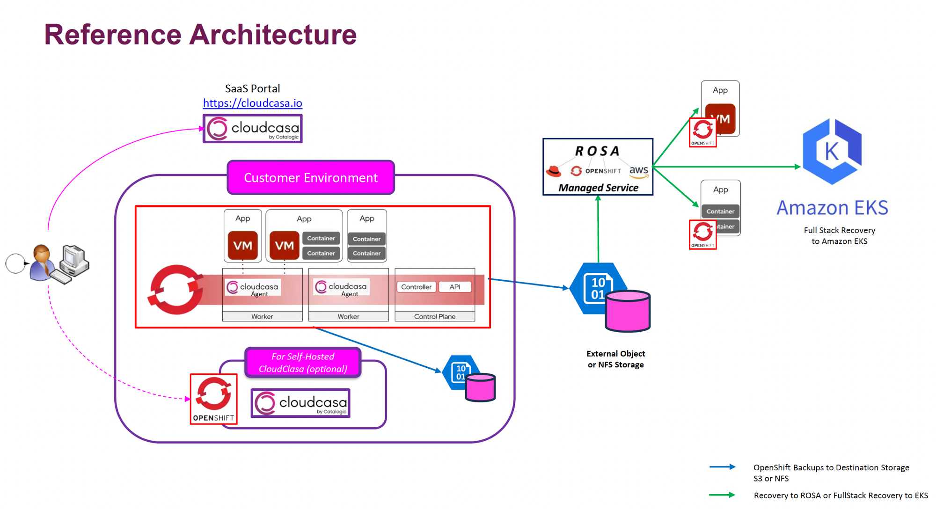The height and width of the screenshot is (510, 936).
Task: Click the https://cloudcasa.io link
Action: coord(252,103)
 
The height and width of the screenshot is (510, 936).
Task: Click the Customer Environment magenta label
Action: coord(311,178)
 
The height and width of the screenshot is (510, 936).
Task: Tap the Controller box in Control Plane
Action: coord(416,287)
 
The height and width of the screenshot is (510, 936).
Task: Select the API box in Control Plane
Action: coord(455,287)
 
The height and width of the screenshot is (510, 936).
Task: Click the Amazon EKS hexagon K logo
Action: coord(832,151)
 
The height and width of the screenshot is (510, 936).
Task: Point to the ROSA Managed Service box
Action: coord(598,167)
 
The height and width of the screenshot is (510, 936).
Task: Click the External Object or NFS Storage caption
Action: coord(615,359)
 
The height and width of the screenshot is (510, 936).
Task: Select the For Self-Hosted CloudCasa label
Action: coord(303,363)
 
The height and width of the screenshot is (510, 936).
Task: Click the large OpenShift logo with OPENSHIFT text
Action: coord(214,399)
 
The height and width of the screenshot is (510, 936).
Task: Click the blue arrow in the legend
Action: coord(722,467)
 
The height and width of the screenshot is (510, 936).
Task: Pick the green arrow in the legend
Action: coord(722,495)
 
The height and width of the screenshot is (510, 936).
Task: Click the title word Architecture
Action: coord(273,35)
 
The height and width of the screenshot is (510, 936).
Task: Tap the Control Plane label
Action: coord(435,317)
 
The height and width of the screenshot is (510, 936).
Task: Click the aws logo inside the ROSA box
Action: coord(638,171)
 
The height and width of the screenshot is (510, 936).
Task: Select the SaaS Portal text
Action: coord(252,88)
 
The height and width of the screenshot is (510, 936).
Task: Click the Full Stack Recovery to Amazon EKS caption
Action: coord(839,236)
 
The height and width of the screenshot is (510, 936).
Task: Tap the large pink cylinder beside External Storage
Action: coord(628,311)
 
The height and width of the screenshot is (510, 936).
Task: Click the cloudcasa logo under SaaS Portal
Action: coord(253,129)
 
